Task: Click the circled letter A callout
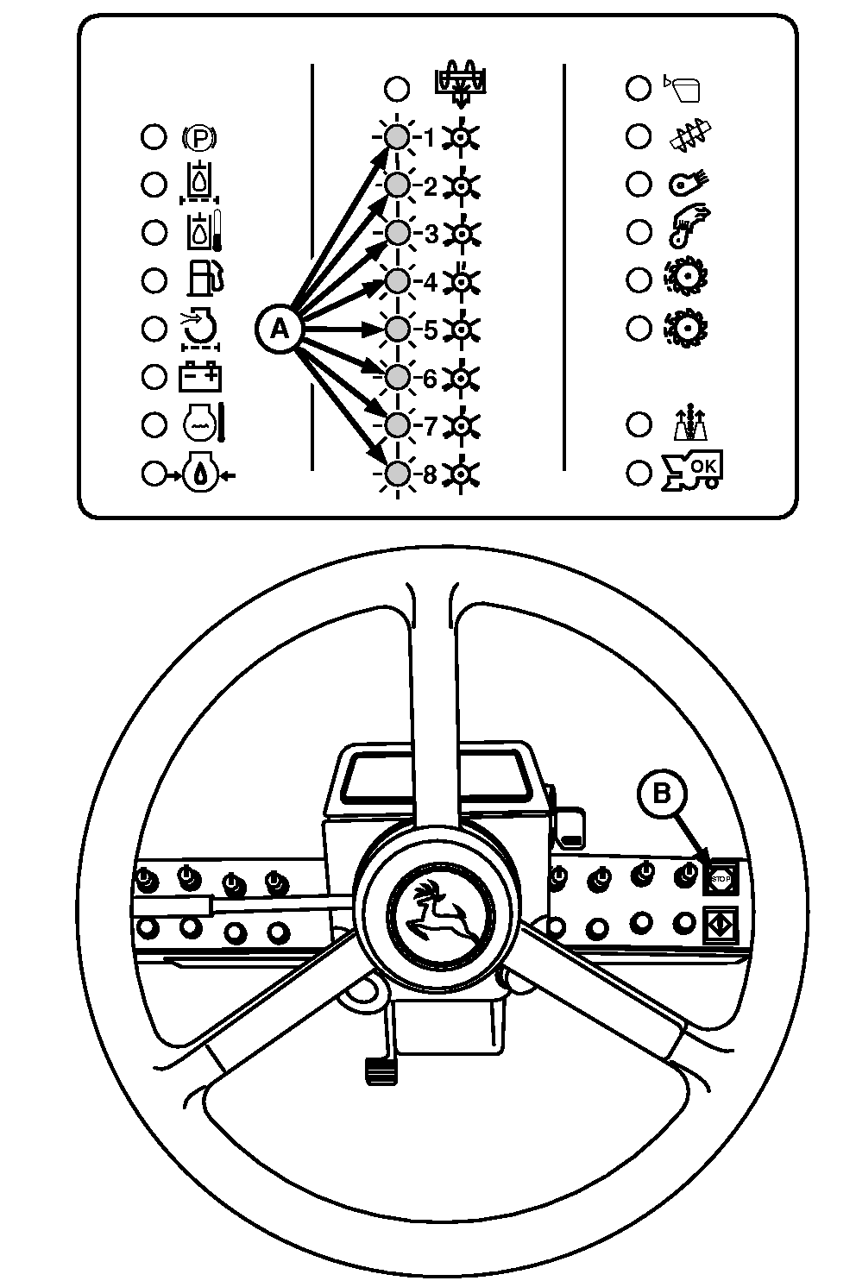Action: (x=280, y=330)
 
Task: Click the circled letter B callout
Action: (x=662, y=794)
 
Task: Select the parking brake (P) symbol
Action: (x=199, y=138)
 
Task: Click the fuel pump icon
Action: (x=205, y=279)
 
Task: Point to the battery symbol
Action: (x=199, y=377)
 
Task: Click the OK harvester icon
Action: (x=691, y=471)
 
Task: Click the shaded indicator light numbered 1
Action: (x=397, y=137)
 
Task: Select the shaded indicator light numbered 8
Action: (x=397, y=474)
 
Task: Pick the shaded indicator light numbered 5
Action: (x=397, y=330)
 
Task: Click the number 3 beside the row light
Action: (x=431, y=235)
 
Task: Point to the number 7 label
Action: (x=431, y=426)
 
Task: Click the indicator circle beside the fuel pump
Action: (x=154, y=281)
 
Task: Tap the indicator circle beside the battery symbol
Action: (x=154, y=378)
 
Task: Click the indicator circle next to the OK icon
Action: (x=639, y=473)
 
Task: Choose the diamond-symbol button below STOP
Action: (x=721, y=924)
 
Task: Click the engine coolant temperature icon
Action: (x=203, y=424)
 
